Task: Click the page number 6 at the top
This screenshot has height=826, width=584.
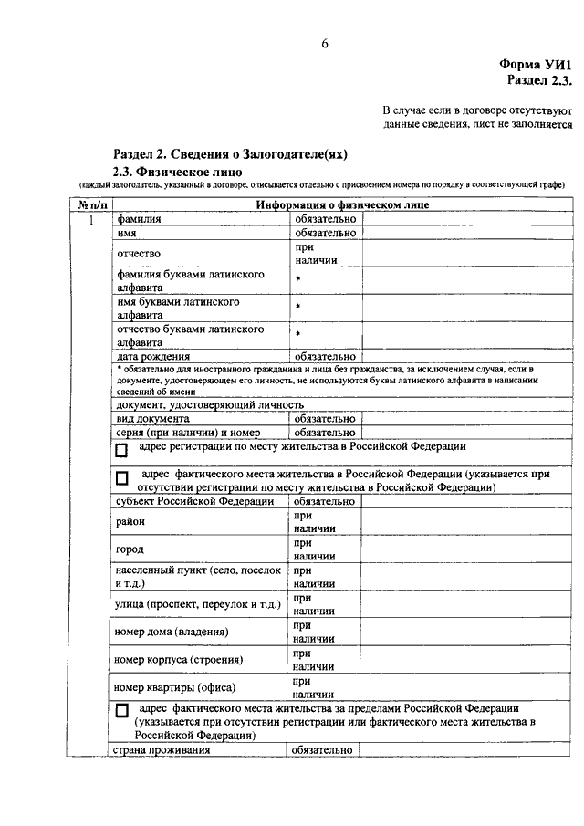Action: click(325, 44)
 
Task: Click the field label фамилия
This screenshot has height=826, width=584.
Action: click(138, 219)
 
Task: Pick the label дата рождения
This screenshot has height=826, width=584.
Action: click(153, 356)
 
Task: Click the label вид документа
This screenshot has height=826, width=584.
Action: click(152, 418)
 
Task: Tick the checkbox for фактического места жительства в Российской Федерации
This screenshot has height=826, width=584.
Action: click(121, 477)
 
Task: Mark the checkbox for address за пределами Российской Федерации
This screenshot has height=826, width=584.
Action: click(121, 710)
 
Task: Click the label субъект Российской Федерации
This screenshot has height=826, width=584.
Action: click(194, 501)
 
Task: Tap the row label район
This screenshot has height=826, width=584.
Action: click(130, 521)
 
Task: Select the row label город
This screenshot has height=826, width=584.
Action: click(130, 549)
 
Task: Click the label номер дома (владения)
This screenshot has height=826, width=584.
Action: click(171, 632)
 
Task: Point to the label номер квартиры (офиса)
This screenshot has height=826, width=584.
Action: click(176, 687)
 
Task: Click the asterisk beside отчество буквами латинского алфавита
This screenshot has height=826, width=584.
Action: click(297, 334)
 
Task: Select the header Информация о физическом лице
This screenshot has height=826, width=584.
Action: click(342, 205)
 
